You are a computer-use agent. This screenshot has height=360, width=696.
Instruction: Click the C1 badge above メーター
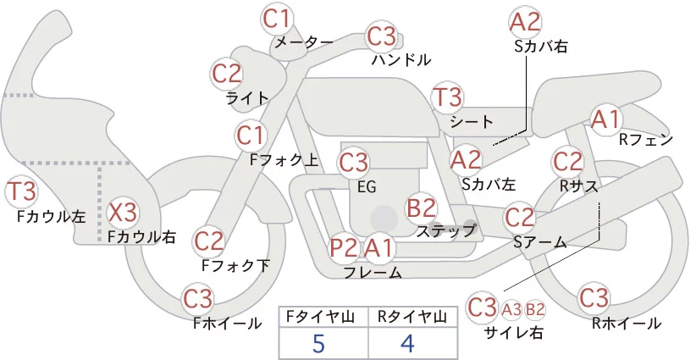coord(277,19)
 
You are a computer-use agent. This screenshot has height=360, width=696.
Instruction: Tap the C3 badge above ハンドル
coord(381,36)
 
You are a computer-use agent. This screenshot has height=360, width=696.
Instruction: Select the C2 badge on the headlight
coord(227,74)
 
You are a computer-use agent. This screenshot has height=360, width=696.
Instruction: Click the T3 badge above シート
coord(447,97)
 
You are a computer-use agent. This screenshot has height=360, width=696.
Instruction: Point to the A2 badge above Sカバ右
coord(525,23)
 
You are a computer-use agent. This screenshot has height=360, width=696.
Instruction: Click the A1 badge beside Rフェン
coord(605,119)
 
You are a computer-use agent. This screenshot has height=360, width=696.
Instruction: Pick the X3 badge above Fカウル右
coord(123,213)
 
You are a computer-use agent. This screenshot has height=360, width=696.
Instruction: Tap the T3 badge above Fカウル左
coord(21,191)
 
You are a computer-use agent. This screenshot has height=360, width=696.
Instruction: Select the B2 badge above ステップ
coord(421,208)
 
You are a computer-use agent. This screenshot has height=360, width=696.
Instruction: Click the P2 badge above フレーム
coord(344,247)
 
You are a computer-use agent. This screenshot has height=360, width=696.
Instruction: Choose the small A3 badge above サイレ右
coord(511,309)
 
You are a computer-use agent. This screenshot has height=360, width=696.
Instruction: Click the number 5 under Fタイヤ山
coord(318,343)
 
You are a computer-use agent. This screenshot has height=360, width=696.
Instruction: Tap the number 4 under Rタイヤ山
coord(407,343)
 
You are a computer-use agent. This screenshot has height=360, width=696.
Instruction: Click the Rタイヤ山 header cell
coord(413,317)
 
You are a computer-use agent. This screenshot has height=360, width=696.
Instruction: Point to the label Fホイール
coord(228,324)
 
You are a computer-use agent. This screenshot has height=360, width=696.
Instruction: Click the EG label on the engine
coord(367,187)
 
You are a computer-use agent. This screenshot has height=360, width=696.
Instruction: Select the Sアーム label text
coord(540,242)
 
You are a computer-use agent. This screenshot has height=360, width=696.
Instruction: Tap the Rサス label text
coord(578,187)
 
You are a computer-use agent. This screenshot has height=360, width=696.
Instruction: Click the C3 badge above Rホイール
coord(594,298)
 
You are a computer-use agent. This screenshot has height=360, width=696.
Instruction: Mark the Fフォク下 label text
coord(235,265)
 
